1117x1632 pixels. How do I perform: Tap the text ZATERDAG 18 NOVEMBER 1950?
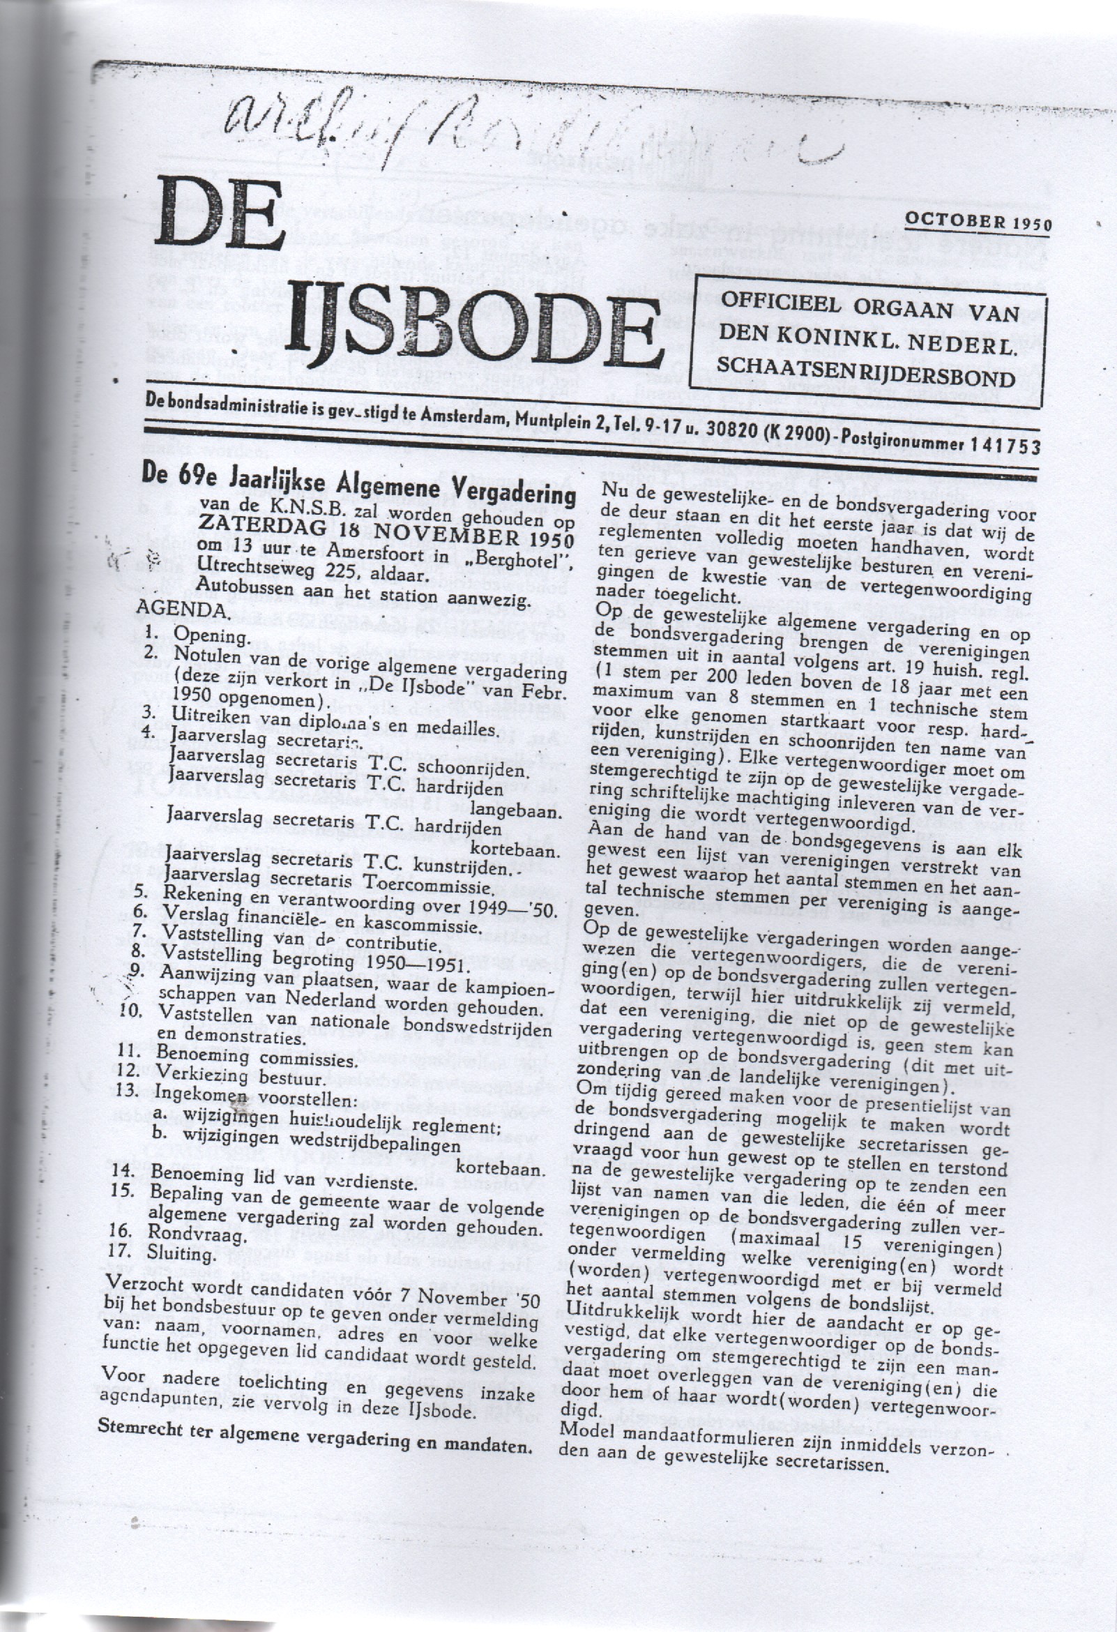coord(386,541)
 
